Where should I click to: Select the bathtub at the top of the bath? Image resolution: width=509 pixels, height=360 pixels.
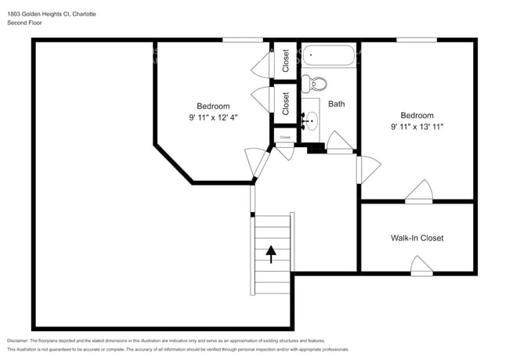coord(330,56)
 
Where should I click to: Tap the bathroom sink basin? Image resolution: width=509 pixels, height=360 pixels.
coord(312,120)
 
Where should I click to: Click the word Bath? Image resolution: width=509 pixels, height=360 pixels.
coord(337,103)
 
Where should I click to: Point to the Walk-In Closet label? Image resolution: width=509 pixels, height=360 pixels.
coord(417,238)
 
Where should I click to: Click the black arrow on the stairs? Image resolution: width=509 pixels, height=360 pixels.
coord(272,254)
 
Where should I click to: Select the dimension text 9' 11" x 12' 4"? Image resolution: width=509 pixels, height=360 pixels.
coord(213,117)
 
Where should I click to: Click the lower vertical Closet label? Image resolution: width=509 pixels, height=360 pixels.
coord(286,103)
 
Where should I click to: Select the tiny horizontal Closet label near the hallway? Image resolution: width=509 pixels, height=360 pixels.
coord(284,138)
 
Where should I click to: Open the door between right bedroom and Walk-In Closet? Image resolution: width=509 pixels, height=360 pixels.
coord(419,192)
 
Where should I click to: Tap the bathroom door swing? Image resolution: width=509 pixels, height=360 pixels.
coord(339,142)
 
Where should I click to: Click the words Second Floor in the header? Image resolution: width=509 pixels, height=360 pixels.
coord(25,23)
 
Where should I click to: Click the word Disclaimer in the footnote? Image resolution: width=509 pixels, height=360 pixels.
coord(17,341)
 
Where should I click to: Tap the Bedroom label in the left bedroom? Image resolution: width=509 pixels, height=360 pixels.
coord(213,106)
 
